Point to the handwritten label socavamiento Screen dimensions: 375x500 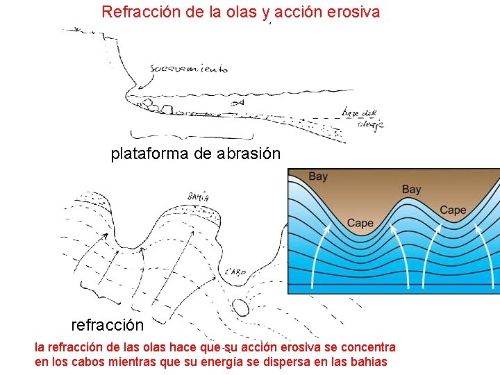point(188,69)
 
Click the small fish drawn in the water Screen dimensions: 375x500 point(237,102)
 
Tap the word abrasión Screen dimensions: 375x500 point(249,154)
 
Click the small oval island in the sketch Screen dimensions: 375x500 point(240,306)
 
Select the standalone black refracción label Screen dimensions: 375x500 point(107,325)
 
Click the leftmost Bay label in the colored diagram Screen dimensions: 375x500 point(317,176)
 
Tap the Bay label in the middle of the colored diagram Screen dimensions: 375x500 point(411,189)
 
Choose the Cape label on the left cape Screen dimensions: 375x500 point(360,223)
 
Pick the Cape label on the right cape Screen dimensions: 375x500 point(453,210)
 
